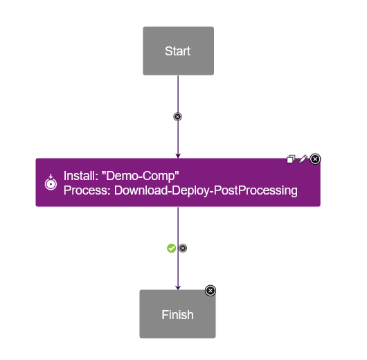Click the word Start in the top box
[178, 51]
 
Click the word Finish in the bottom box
[177, 315]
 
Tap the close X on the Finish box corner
[211, 291]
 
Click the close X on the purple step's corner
[315, 159]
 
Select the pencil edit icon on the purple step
[303, 159]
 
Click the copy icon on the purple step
[292, 159]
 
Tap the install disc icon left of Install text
[50, 183]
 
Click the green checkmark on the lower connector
[172, 248]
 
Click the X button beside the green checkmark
[183, 248]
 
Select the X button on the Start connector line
[178, 116]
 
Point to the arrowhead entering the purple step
[178, 155]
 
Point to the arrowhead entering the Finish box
[178, 287]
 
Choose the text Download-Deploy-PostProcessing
[206, 190]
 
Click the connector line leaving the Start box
[178, 93]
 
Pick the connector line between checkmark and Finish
[178, 270]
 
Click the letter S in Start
[168, 51]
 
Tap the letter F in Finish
[165, 315]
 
